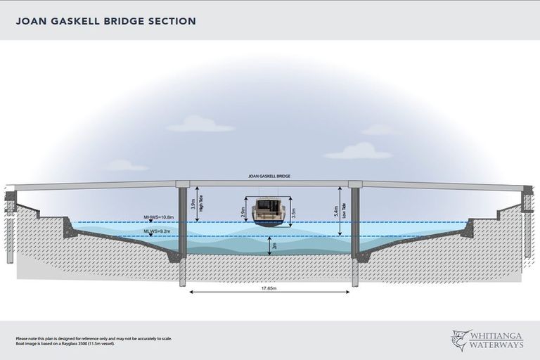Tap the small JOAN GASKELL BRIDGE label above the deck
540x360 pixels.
[x=269, y=176]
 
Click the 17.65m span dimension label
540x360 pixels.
[x=269, y=288]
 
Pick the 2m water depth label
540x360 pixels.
[x=274, y=245]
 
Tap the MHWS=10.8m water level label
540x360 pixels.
[x=159, y=217]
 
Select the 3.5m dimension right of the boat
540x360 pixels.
[x=294, y=211]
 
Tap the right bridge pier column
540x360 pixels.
[x=355, y=225]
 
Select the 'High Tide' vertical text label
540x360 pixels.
[x=201, y=204]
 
